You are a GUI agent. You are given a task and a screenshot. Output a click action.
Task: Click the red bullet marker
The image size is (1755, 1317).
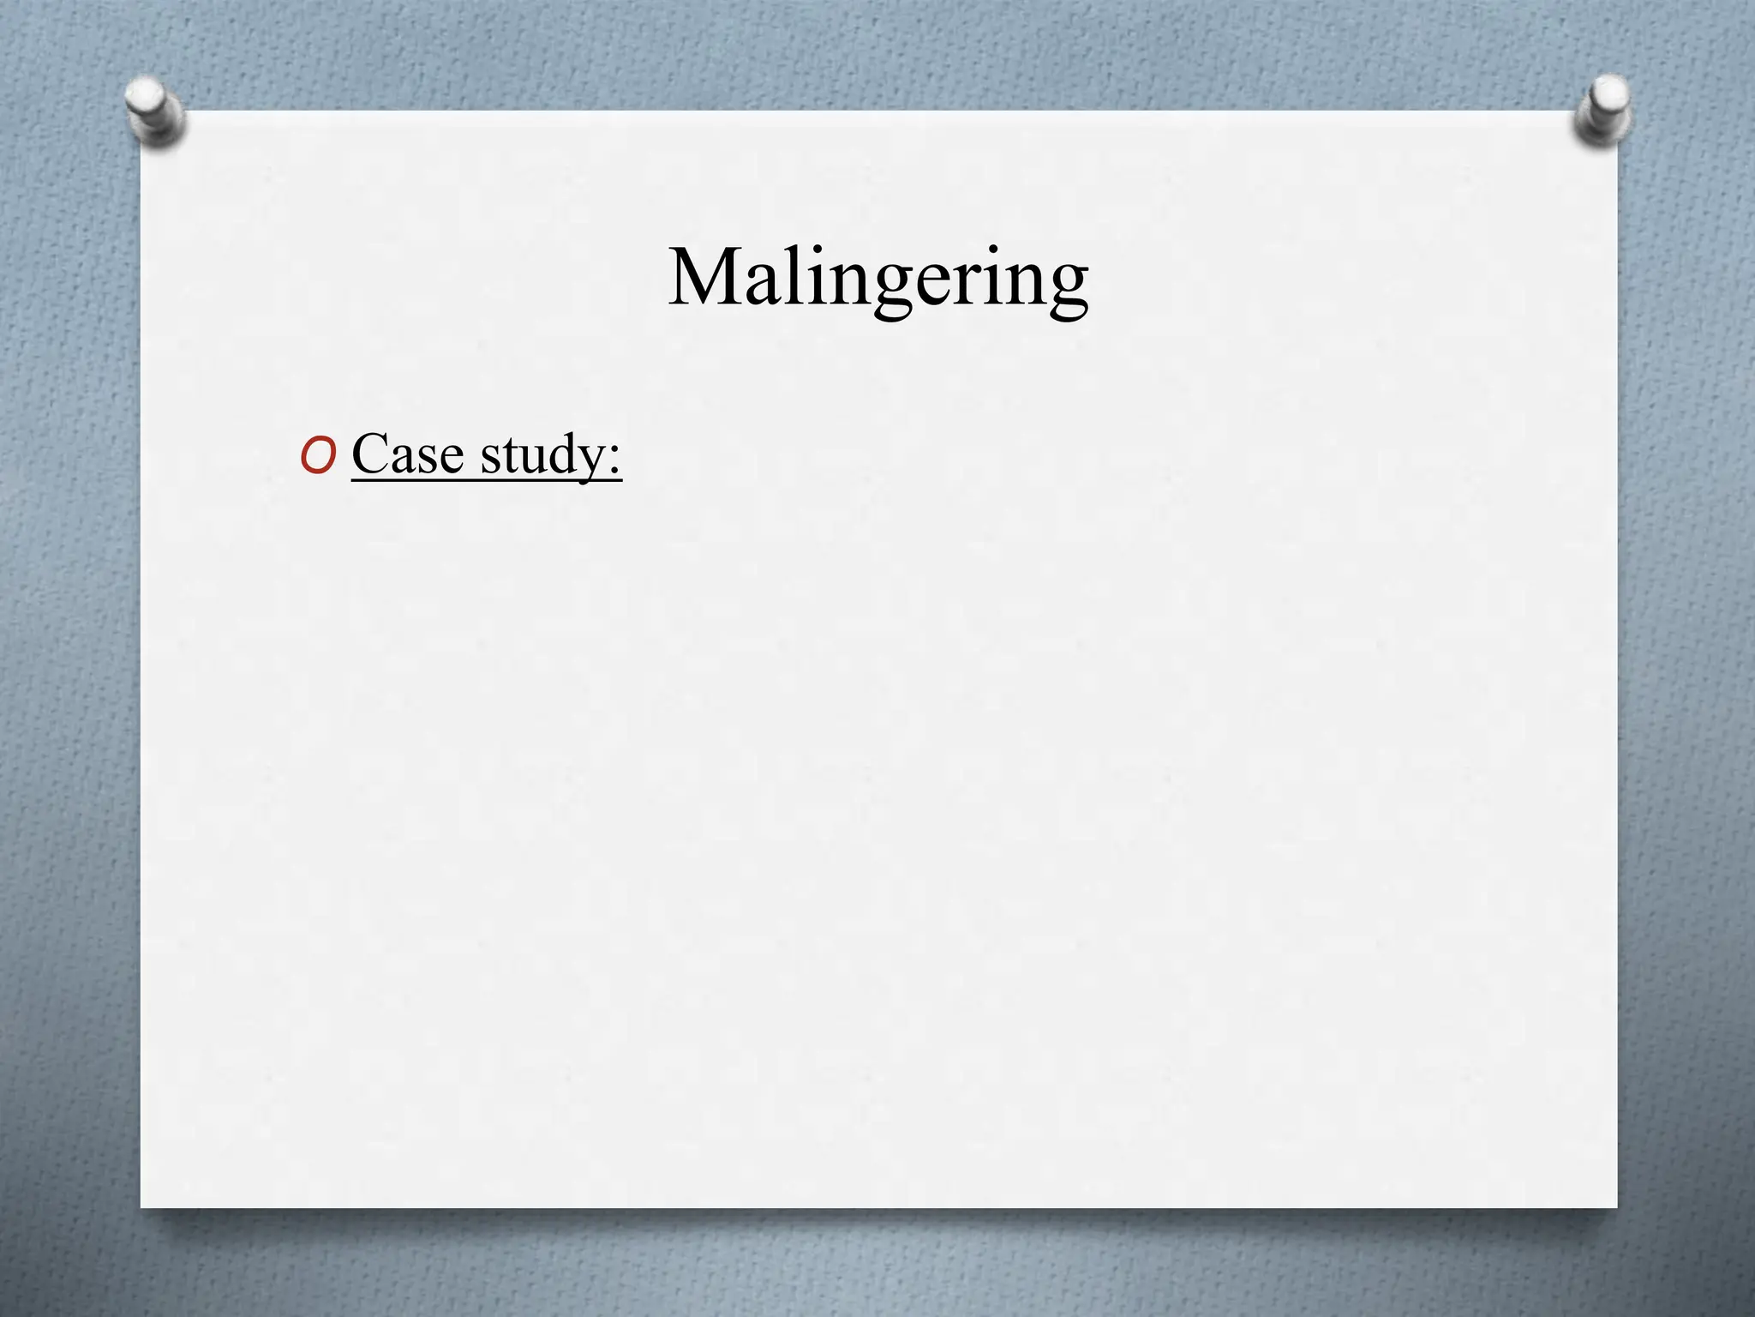click(x=318, y=458)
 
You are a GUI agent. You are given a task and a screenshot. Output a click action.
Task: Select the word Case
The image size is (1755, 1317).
click(x=407, y=454)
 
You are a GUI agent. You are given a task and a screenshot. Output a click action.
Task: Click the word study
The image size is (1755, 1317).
click(x=543, y=455)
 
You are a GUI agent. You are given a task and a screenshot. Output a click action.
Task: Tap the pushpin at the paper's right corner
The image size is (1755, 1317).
click(x=1602, y=109)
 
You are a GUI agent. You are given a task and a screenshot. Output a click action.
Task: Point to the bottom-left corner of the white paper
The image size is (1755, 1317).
click(x=142, y=1207)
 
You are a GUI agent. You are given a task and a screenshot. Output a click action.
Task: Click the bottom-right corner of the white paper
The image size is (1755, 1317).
click(x=1616, y=1207)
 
